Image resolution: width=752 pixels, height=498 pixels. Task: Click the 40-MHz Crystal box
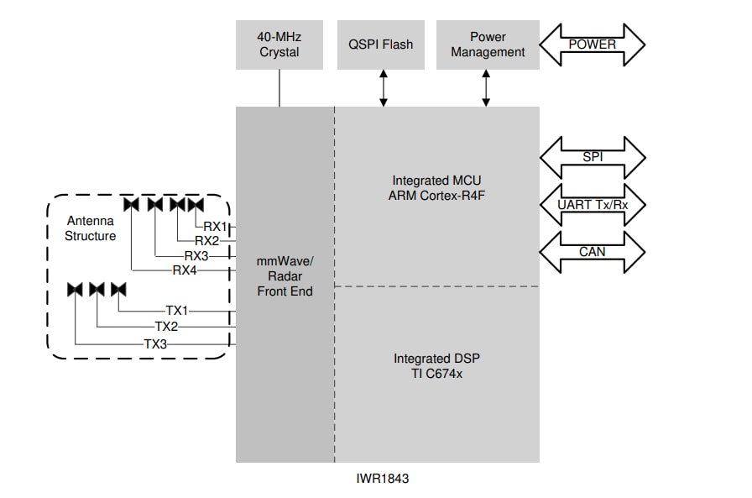(279, 45)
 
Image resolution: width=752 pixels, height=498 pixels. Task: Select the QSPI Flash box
(381, 45)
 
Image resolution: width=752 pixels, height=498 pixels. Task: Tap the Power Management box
(488, 45)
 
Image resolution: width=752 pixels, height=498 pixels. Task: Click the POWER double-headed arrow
(592, 45)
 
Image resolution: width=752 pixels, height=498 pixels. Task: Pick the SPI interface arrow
(592, 157)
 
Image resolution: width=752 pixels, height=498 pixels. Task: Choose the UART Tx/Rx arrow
(592, 204)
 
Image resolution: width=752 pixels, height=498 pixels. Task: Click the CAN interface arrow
(592, 251)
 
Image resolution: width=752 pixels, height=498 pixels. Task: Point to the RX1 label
(215, 226)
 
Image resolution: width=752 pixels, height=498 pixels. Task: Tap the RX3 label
(196, 256)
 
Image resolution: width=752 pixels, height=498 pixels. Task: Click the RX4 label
(185, 270)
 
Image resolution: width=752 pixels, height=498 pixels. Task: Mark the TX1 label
(178, 310)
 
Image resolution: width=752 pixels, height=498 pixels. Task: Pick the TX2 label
(167, 326)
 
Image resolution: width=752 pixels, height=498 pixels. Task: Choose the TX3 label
(156, 343)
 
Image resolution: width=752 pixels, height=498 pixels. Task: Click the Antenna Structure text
(91, 228)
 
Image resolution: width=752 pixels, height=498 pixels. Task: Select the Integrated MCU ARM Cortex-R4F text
(436, 188)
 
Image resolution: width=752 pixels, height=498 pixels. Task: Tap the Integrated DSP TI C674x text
(436, 365)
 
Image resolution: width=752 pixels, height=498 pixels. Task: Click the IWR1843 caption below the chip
(383, 479)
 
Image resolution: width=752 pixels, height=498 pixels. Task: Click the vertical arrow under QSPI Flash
(384, 87)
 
